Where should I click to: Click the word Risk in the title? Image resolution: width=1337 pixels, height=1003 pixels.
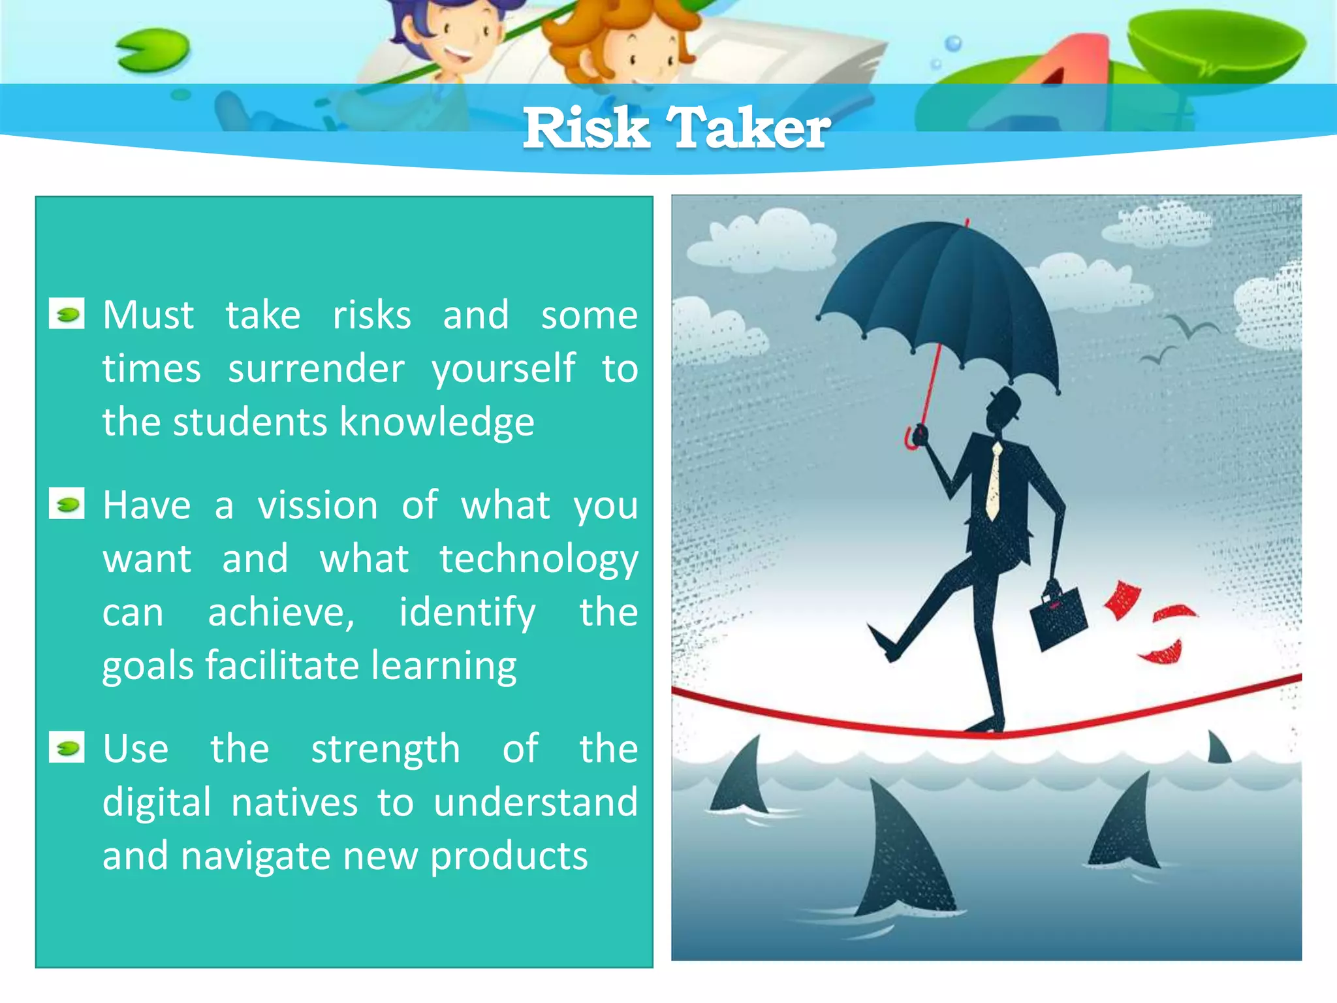click(586, 128)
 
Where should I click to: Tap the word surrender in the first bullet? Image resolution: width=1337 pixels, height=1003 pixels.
click(316, 369)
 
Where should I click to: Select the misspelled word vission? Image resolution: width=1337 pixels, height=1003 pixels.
click(317, 505)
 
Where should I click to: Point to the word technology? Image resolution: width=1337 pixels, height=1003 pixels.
click(539, 560)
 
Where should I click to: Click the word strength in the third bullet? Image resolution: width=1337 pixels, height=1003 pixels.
click(385, 749)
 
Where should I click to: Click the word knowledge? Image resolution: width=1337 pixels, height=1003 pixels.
click(437, 422)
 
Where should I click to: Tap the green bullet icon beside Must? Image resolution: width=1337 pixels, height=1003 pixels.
click(67, 314)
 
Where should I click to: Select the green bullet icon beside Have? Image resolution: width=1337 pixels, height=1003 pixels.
click(67, 504)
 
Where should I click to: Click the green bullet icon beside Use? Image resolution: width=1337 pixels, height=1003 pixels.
click(67, 748)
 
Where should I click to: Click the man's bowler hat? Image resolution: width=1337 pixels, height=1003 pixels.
click(1006, 400)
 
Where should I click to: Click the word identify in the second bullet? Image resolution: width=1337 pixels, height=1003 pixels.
click(467, 613)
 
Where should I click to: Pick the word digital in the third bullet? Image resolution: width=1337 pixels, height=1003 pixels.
click(157, 803)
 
